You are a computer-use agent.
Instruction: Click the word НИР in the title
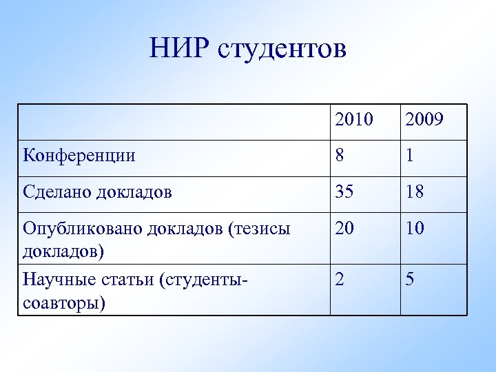178,49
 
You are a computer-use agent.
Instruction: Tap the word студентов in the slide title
282,49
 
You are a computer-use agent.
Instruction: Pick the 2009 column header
424,121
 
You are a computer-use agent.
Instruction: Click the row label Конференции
79,156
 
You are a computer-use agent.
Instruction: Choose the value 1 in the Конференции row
410,156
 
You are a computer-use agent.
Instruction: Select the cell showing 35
346,192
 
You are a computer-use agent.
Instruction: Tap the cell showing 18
415,192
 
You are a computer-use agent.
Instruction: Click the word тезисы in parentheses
260,228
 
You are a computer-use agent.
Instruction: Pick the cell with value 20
346,228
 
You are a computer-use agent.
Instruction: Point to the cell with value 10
415,228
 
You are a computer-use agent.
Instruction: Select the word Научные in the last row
54,280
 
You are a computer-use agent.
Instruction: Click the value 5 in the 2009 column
410,280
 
